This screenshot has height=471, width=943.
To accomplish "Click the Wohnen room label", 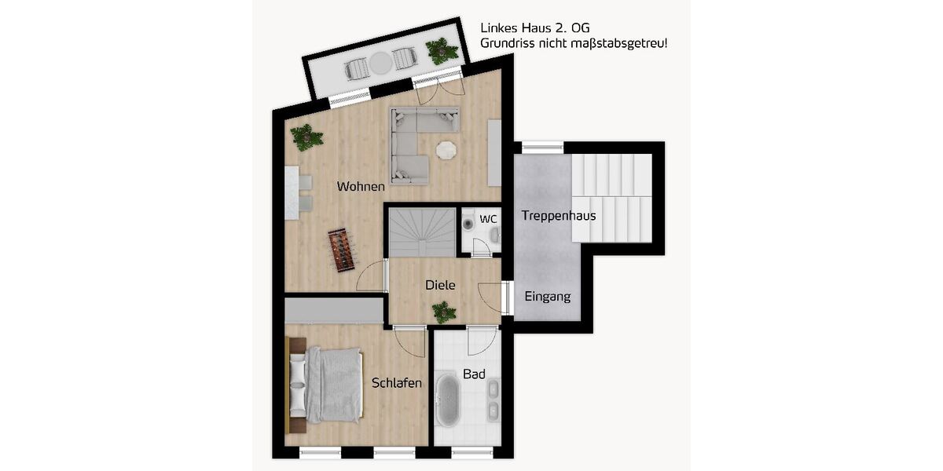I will coord(361,187).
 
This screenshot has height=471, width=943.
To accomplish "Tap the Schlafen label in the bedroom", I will coord(397,383).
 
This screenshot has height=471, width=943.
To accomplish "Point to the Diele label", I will coord(440,286).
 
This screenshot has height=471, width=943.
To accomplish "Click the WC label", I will coord(488,219).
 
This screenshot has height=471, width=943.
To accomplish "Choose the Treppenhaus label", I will coord(558,216).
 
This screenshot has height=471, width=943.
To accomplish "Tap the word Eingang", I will coord(548,297).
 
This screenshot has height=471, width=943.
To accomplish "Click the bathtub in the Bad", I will coord(448,400).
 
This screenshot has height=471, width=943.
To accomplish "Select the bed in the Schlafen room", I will coord(326,385).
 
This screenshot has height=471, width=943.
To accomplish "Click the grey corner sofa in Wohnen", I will coord(416,141).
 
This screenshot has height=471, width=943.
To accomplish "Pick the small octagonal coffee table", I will coord(446,149).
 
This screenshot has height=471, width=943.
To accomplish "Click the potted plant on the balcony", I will coord(441,51).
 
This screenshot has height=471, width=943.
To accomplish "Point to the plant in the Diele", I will coord(443,312).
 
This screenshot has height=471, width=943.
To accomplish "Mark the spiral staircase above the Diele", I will coord(423,232).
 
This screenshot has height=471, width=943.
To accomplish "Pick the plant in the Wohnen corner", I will coord(306,138).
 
